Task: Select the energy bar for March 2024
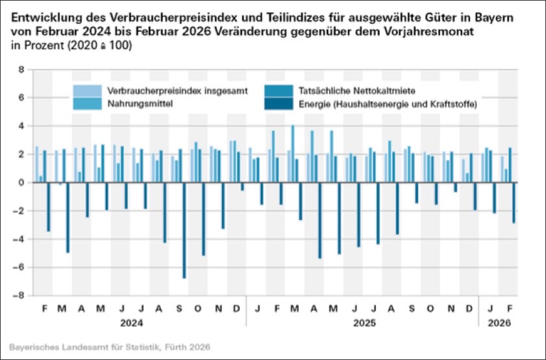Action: pyautogui.click(x=68, y=217)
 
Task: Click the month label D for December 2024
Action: pyautogui.click(x=237, y=307)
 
